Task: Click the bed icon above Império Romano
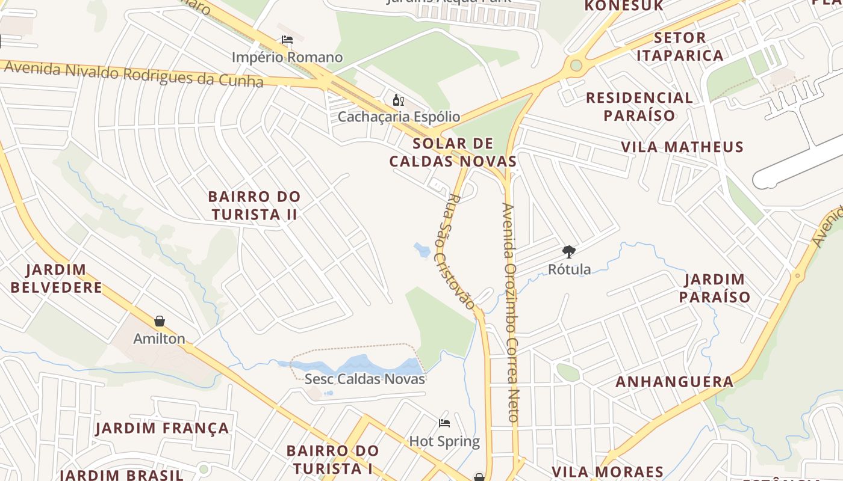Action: click(287, 40)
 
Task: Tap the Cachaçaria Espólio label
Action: click(399, 117)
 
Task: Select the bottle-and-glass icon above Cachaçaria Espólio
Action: click(398, 100)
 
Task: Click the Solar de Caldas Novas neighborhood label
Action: click(453, 152)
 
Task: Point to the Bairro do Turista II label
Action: click(254, 205)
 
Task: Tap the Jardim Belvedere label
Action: click(57, 278)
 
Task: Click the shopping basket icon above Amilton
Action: click(160, 321)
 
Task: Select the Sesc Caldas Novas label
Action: click(365, 379)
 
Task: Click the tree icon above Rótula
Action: click(568, 251)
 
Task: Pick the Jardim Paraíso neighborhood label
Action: click(715, 288)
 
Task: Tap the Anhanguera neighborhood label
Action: click(674, 382)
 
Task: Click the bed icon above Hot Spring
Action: click(444, 423)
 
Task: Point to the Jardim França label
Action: click(163, 428)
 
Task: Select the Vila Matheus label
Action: click(682, 147)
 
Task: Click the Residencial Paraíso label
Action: click(639, 106)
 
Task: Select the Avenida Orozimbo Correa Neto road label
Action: click(511, 313)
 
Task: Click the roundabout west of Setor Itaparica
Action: click(576, 64)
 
